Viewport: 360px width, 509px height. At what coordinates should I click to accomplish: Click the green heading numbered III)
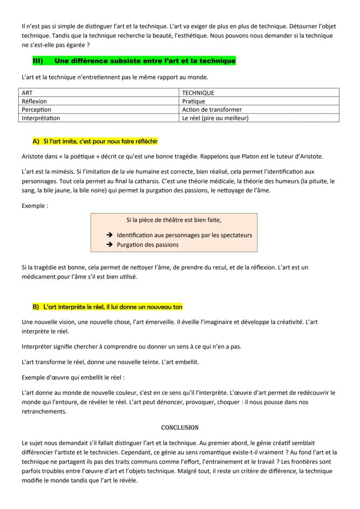[134, 61]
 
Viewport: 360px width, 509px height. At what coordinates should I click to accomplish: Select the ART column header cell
[98, 93]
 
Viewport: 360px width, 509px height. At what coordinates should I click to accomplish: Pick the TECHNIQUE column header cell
[259, 93]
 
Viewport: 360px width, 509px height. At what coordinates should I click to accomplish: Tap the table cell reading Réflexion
[98, 101]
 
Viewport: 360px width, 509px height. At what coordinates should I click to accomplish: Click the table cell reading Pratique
[259, 101]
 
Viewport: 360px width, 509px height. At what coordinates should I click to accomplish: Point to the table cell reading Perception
[98, 110]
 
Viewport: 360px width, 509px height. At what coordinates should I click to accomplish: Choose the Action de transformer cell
[259, 110]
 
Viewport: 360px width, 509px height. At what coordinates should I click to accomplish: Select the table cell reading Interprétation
[98, 118]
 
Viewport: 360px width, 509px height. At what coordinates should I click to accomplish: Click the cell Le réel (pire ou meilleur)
[259, 118]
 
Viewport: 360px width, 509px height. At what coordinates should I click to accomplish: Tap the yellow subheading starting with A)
[95, 142]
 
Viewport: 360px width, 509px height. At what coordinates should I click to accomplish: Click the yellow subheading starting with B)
[107, 307]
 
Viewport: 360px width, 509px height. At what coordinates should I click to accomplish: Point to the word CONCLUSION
[180, 428]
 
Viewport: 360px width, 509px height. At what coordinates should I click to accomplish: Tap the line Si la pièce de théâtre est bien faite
[174, 220]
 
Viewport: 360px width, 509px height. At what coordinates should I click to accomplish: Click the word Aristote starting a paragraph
[33, 156]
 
